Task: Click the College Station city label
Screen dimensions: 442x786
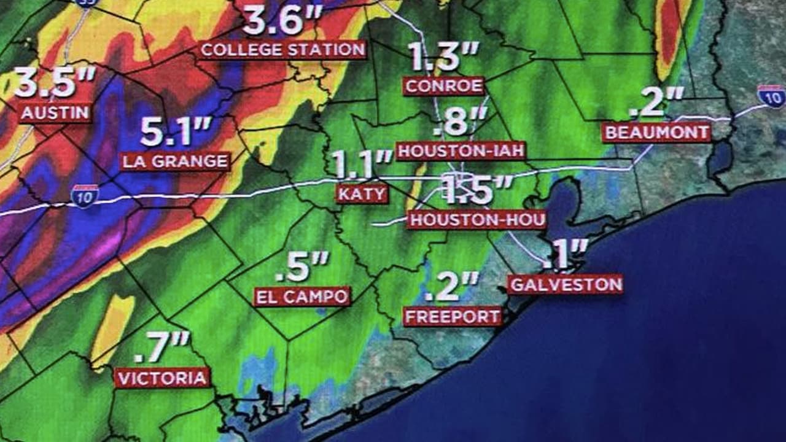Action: (282, 50)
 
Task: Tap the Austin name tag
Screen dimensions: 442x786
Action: (55, 113)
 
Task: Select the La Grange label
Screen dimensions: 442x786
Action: (176, 161)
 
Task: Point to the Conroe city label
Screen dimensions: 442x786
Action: (444, 86)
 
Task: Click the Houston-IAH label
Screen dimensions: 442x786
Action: (461, 150)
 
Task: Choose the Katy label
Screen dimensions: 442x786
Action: (362, 194)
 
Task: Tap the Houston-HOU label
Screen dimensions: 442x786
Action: (477, 220)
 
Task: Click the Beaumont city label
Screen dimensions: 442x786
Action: (656, 133)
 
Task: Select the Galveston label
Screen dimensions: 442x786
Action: (565, 284)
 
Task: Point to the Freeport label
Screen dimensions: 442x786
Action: (453, 317)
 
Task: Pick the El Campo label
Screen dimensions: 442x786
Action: (302, 297)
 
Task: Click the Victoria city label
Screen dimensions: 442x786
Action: (162, 378)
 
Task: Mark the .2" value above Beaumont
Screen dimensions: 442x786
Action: (656, 103)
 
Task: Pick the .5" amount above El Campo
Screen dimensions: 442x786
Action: (302, 266)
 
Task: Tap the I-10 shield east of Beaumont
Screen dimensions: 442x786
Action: (771, 96)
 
